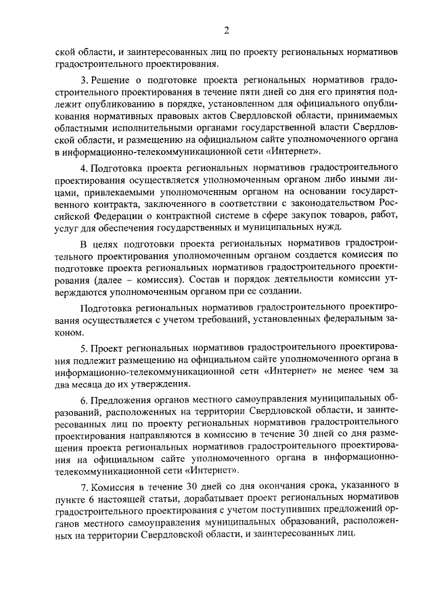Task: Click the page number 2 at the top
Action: point(227,29)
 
